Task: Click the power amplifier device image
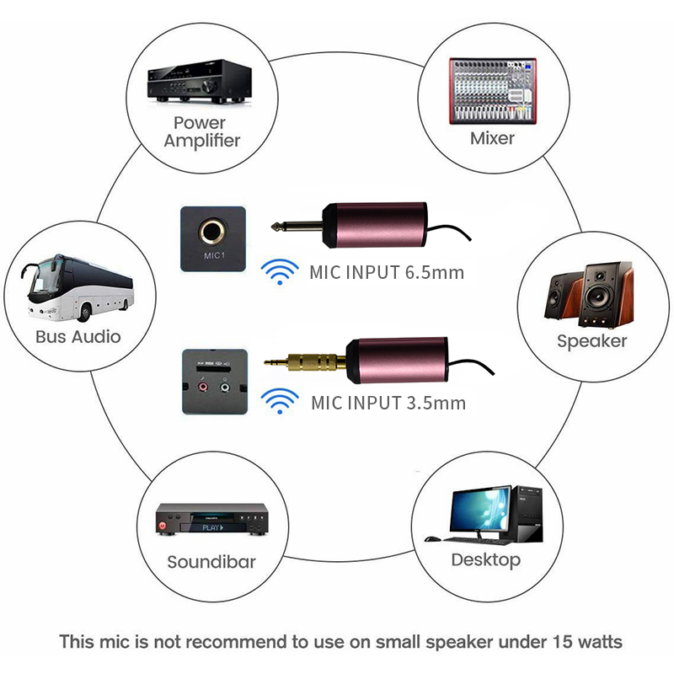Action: (200, 81)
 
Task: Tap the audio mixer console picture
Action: (493, 91)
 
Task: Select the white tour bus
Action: (78, 287)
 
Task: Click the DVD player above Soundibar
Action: (212, 519)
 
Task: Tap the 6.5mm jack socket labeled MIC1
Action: (212, 232)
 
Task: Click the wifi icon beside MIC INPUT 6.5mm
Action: (280, 271)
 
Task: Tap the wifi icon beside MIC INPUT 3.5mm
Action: (280, 402)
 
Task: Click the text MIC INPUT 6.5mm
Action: (387, 272)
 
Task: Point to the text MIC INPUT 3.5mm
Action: (388, 404)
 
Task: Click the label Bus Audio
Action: (78, 336)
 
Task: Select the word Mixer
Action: (492, 138)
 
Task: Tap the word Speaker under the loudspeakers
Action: (592, 341)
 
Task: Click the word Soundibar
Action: (211, 562)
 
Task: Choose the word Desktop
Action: (486, 560)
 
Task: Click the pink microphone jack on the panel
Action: (202, 388)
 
